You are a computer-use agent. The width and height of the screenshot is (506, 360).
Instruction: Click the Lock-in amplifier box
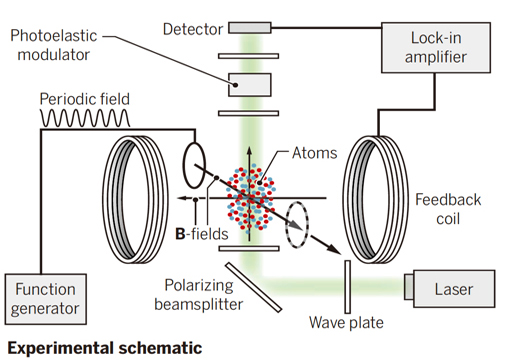coord(436,47)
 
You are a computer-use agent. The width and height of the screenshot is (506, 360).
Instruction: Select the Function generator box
coord(46,299)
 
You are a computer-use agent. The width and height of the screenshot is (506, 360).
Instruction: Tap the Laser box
coord(450,289)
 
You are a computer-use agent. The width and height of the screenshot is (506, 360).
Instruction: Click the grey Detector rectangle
coord(250,28)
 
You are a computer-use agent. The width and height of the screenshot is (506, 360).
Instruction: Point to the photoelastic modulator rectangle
coord(250,85)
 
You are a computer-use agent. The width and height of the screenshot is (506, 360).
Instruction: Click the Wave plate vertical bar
coord(347,287)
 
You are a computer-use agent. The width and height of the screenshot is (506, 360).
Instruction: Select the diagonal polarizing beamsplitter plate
coord(253,287)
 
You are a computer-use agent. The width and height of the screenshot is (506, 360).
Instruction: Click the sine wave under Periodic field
coord(85,118)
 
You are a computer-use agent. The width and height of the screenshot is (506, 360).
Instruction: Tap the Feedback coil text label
coord(448,209)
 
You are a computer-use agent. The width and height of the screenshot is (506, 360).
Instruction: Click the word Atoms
coord(315,153)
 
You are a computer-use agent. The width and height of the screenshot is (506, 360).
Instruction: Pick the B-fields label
coord(202,234)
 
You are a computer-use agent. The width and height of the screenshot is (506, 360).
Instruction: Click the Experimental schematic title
coord(105,348)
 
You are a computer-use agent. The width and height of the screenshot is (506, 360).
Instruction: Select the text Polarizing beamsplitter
coord(199,295)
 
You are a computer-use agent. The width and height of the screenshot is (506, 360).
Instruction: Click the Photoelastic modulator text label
coord(54,45)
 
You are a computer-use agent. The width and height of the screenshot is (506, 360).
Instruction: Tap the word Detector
coord(193,29)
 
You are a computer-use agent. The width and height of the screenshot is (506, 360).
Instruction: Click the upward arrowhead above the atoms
coord(249,151)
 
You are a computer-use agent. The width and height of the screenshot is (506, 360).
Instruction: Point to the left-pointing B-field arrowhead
coord(182,198)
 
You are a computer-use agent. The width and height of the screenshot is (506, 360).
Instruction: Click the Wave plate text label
coord(346,323)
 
